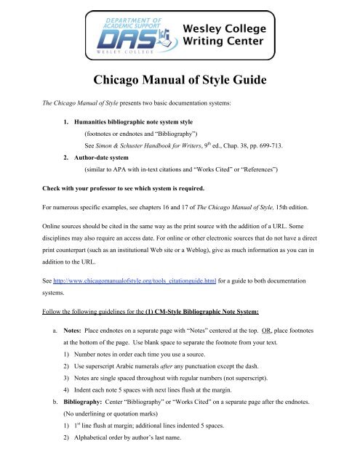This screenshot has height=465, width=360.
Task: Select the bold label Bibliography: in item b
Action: click(x=89, y=423)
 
